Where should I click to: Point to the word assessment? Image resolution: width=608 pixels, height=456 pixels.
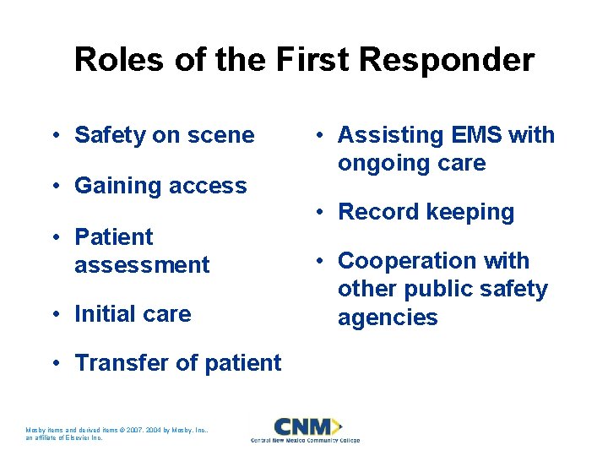(x=142, y=264)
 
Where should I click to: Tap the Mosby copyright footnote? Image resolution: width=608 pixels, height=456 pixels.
(x=117, y=434)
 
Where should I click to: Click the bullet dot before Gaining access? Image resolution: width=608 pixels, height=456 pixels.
(x=53, y=186)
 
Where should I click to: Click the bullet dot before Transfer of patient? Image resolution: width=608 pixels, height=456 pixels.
(x=53, y=363)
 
